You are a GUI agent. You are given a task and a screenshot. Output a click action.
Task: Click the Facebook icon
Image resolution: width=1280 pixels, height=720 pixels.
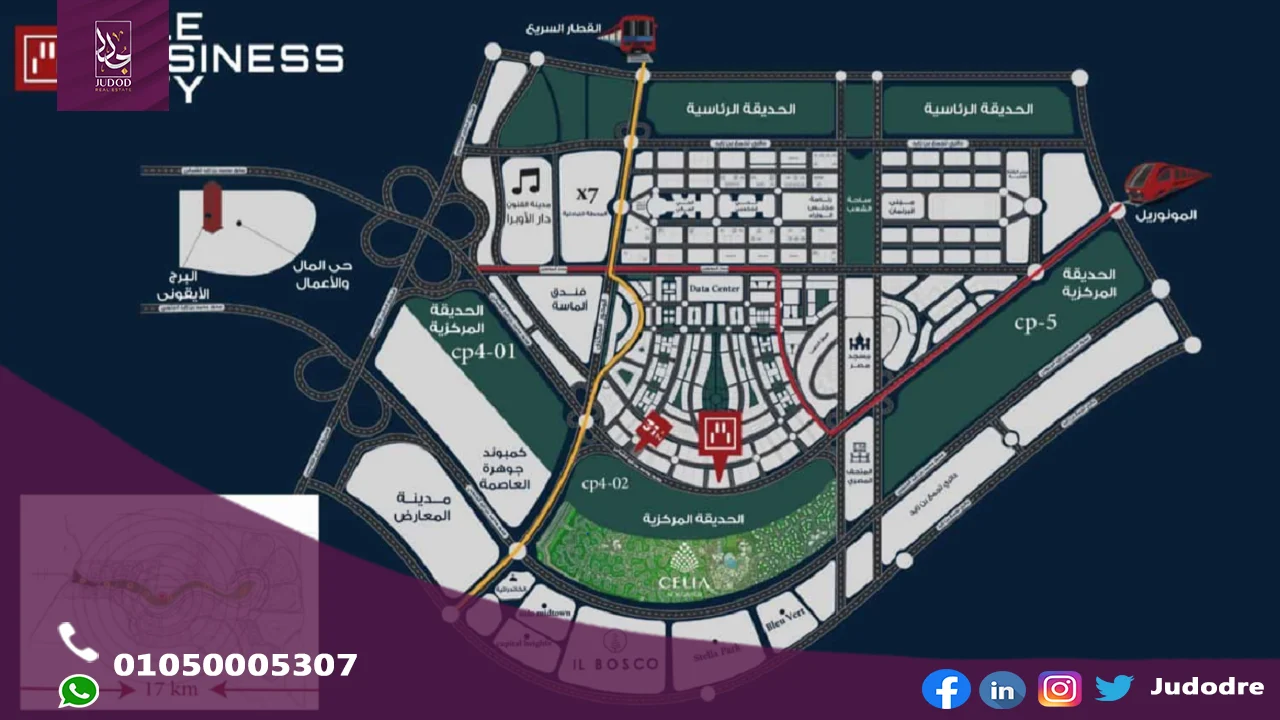(946, 689)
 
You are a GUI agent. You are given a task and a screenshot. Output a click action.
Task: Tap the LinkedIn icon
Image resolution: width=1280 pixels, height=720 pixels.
(1002, 689)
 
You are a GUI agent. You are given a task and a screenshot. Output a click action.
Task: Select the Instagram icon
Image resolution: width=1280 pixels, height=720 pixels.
(1059, 689)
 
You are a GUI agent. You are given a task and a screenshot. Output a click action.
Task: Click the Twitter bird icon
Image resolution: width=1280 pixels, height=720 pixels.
(1114, 688)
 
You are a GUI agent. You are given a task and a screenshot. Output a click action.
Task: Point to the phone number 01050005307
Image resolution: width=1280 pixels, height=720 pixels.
(235, 665)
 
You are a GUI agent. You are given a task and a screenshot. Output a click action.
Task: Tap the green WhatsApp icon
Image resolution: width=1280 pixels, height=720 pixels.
(79, 691)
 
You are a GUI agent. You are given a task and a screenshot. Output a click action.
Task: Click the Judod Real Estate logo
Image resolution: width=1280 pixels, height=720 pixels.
(112, 54)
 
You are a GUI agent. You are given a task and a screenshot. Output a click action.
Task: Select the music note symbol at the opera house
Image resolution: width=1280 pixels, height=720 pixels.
(526, 182)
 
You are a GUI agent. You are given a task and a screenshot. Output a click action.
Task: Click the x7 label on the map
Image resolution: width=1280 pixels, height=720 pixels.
(585, 191)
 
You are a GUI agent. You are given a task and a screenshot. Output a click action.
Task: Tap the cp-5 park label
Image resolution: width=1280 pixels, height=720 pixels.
(1034, 323)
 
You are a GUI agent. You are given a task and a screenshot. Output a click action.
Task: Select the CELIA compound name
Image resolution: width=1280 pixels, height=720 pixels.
(684, 583)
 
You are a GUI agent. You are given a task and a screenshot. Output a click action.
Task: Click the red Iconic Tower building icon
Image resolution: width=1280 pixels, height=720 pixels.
(211, 206)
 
